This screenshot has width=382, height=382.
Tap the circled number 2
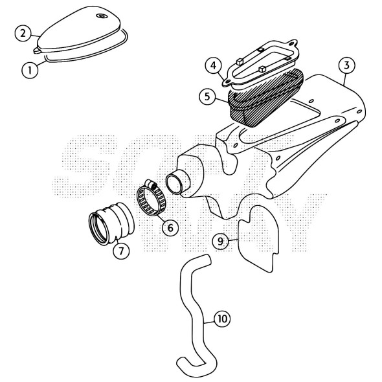[x=23, y=32]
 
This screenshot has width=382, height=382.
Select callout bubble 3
[x=347, y=65]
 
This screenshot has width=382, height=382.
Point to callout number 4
[x=212, y=65]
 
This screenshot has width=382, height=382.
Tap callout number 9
[x=221, y=241]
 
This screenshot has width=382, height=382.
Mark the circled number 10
[x=222, y=319]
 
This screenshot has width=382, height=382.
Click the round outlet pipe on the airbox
[x=180, y=182]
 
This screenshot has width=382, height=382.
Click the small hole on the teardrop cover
[x=100, y=16]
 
